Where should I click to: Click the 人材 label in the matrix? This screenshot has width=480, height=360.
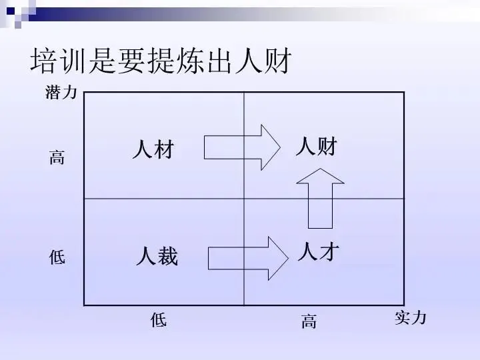(153, 149)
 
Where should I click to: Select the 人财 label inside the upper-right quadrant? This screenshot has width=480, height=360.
(316, 145)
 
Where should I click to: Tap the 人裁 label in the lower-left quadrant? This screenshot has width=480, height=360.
(157, 256)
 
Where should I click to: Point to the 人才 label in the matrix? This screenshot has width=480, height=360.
(318, 251)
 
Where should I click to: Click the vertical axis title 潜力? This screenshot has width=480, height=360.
(61, 93)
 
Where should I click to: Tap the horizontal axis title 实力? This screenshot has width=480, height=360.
(410, 318)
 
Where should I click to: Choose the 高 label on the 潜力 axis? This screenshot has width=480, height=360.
(57, 158)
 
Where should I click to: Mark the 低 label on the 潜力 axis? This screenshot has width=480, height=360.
(57, 257)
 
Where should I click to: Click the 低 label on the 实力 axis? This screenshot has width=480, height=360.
(158, 321)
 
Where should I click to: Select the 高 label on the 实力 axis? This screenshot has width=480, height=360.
(309, 323)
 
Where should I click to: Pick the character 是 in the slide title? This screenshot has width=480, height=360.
(103, 61)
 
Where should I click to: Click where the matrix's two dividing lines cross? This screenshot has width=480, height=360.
(244, 199)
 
